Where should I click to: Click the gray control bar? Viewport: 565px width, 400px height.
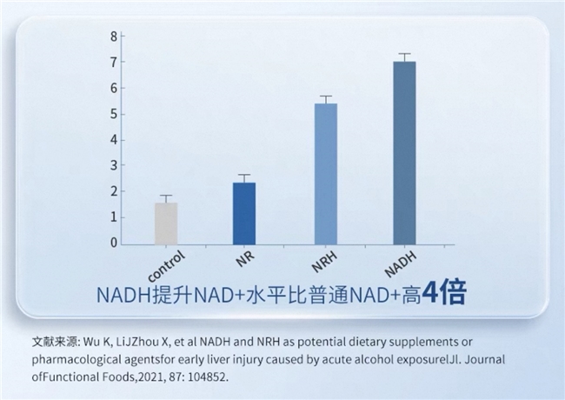pyautogui.click(x=166, y=223)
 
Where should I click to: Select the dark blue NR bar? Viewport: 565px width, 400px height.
pyautogui.click(x=244, y=213)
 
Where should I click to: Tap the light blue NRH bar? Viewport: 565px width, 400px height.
pyautogui.click(x=326, y=174)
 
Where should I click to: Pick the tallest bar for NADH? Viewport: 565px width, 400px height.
pyautogui.click(x=404, y=152)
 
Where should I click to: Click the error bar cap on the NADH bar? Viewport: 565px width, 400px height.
pyautogui.click(x=404, y=54)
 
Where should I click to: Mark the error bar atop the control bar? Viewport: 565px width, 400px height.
pyautogui.click(x=166, y=197)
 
